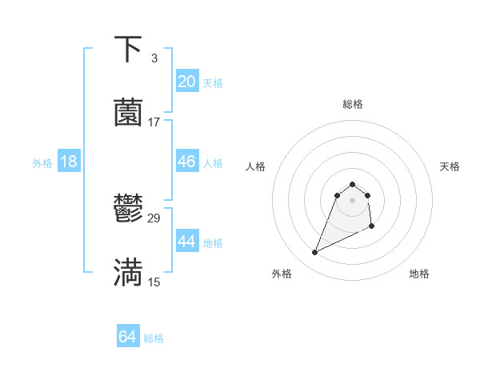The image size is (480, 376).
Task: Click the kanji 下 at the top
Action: [x=128, y=50]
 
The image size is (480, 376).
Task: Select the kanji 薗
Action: [x=128, y=113]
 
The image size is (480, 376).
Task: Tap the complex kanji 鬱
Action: [x=128, y=210]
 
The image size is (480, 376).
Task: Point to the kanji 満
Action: [x=128, y=273]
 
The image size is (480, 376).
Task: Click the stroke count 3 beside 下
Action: [x=154, y=58]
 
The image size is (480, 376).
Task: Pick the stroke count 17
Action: [x=154, y=122]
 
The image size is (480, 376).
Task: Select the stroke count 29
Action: [x=154, y=218]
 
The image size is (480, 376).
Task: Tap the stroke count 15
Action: [x=154, y=282]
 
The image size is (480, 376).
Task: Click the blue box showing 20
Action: [x=186, y=82]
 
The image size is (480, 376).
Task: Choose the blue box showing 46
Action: [x=186, y=162]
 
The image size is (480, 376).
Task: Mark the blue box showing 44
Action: [x=186, y=242]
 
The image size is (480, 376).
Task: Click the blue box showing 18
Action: [x=69, y=162]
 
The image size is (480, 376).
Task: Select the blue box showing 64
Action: [x=127, y=338]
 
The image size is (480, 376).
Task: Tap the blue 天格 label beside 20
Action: [x=213, y=83]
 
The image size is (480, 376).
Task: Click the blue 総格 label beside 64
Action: [x=154, y=339]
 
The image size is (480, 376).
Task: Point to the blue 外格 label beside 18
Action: [x=42, y=163]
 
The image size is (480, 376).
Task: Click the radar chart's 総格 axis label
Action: [x=353, y=105]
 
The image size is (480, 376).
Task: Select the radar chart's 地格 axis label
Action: [x=419, y=274]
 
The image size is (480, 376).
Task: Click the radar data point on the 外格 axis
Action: [x=314, y=253]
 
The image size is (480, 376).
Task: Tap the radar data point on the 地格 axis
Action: [x=372, y=227]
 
